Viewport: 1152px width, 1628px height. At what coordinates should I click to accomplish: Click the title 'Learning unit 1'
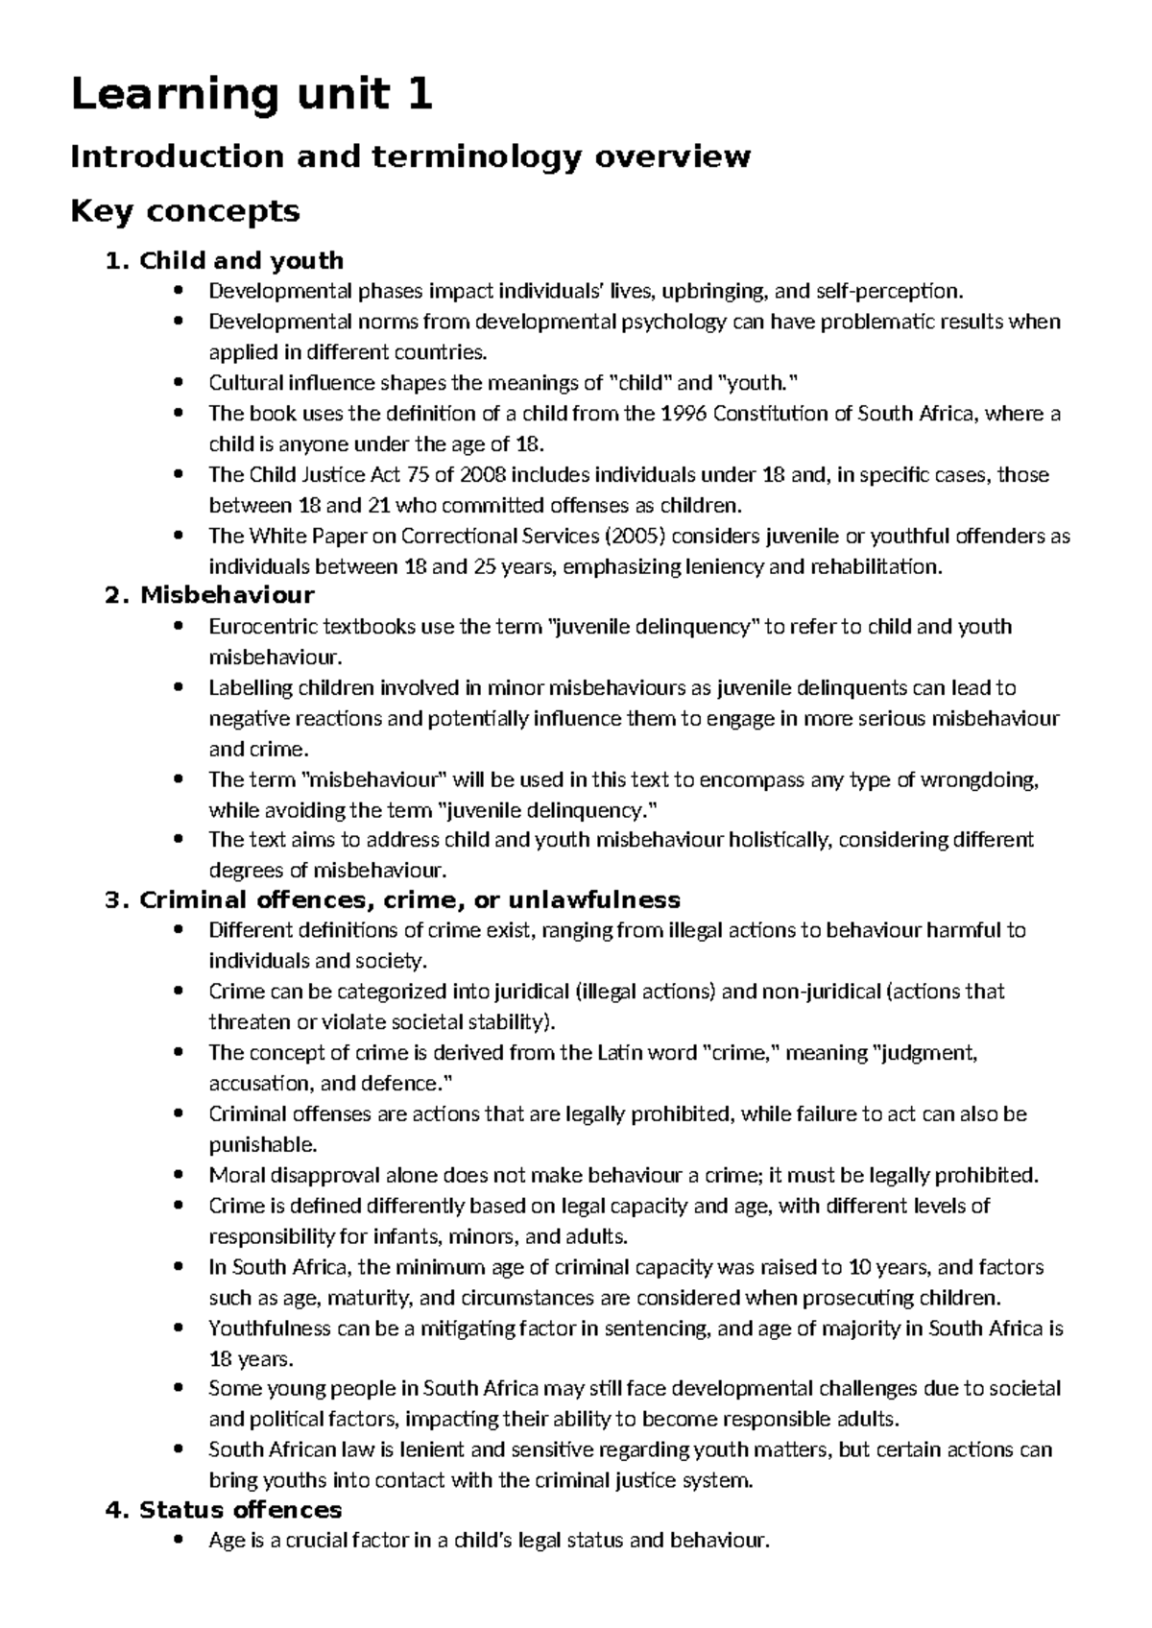[x=252, y=95]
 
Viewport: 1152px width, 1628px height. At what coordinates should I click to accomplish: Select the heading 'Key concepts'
[x=185, y=210]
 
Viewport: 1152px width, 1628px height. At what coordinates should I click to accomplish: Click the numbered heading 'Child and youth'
[x=241, y=260]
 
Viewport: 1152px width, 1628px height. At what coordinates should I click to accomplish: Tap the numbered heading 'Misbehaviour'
[x=228, y=595]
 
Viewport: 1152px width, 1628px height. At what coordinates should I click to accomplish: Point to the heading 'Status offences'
[x=240, y=1510]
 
